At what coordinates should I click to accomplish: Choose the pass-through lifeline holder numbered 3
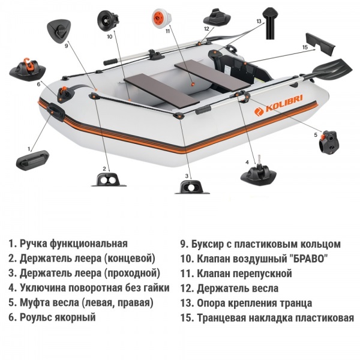[190, 187]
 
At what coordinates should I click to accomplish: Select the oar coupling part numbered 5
[331, 141]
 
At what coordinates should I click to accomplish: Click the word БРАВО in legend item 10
[307, 259]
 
